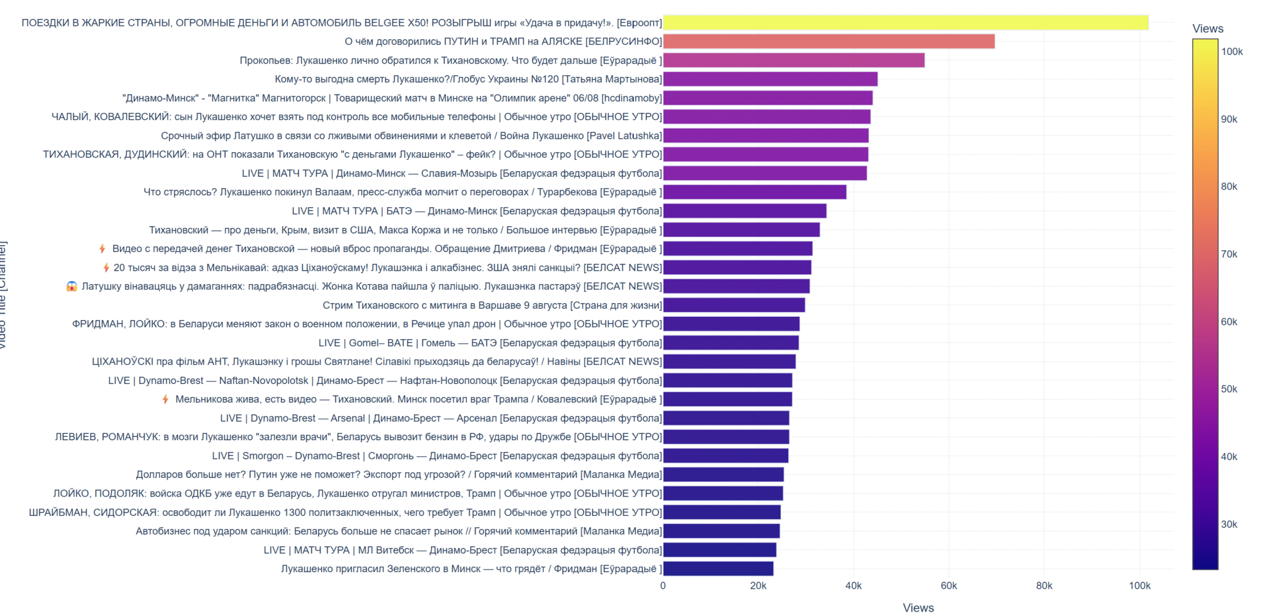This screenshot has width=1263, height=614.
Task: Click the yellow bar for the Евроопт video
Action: pos(905,23)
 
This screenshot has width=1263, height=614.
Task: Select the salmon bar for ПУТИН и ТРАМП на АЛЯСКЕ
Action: pos(828,41)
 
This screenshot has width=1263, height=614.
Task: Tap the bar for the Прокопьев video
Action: pos(793,60)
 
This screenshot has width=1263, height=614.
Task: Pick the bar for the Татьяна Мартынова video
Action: pos(770,79)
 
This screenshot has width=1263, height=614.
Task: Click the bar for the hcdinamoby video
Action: pos(767,98)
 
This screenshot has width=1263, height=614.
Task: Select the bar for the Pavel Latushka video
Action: pos(765,136)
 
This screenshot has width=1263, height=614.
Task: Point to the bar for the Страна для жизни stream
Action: pos(733,305)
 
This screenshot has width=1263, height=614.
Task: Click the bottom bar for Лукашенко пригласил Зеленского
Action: pos(718,568)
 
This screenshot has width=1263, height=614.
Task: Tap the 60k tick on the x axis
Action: pos(948,586)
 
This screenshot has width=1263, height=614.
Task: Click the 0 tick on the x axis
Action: pos(663,586)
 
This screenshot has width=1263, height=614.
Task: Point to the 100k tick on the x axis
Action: pos(1139,586)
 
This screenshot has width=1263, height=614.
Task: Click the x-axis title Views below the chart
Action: pos(918,608)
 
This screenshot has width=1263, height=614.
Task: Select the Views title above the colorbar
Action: pos(1207,28)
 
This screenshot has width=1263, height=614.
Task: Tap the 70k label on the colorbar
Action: pos(1229,254)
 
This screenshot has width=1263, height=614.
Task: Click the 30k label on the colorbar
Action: pos(1229,525)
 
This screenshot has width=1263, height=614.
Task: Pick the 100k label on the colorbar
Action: pos(1232,52)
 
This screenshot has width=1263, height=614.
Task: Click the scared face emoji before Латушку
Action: pos(72,286)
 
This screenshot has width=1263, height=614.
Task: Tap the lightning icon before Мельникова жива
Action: pos(165,399)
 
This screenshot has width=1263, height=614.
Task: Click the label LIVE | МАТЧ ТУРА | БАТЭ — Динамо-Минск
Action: pos(477,211)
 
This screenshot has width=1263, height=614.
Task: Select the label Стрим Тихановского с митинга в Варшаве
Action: pos(492,305)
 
